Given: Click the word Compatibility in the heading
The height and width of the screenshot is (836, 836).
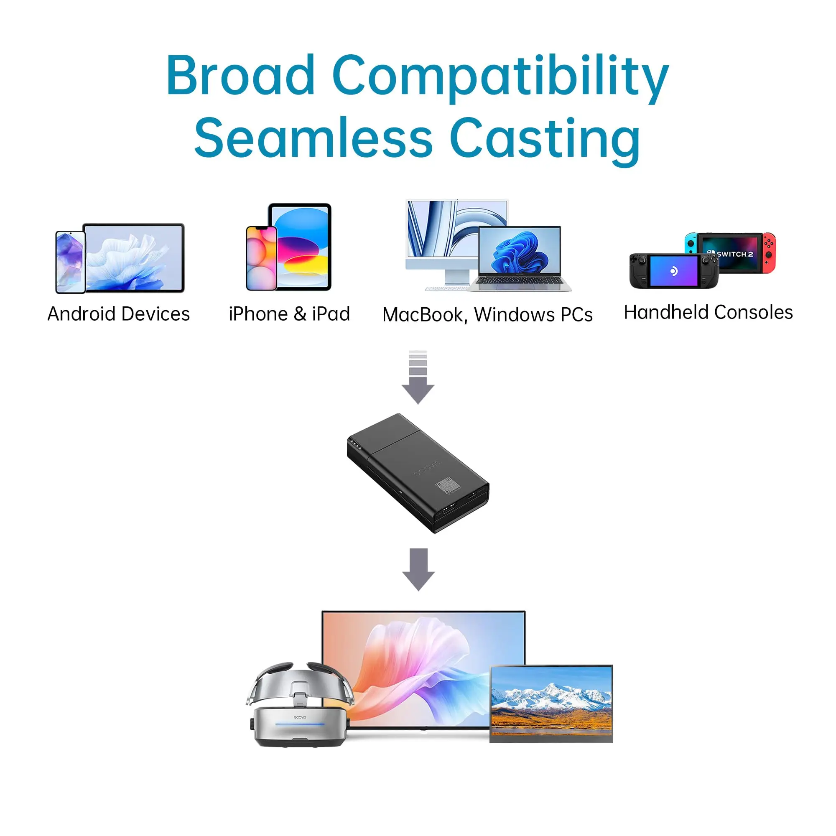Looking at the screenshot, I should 500,76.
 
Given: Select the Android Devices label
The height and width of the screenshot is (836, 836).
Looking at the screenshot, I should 119,314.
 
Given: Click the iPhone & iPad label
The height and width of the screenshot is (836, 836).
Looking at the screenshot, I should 289,314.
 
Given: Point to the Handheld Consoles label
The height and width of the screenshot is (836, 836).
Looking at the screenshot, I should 709,312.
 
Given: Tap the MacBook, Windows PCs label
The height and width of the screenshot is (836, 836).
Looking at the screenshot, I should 487,315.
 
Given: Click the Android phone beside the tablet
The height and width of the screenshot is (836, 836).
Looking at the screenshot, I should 70,262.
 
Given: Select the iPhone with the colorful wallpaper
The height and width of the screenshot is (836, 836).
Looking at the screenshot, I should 261,258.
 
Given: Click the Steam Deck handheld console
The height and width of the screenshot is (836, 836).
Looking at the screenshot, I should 674,271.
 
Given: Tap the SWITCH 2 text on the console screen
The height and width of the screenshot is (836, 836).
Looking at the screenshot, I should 734,254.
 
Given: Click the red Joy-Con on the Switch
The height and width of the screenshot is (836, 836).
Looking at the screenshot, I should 769,254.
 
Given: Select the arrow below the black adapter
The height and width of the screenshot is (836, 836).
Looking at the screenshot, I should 418,568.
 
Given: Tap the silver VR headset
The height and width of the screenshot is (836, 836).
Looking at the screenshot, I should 299,705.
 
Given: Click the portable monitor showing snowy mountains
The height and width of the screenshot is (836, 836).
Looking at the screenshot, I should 551,704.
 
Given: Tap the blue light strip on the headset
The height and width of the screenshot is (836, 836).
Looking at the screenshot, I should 299,724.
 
